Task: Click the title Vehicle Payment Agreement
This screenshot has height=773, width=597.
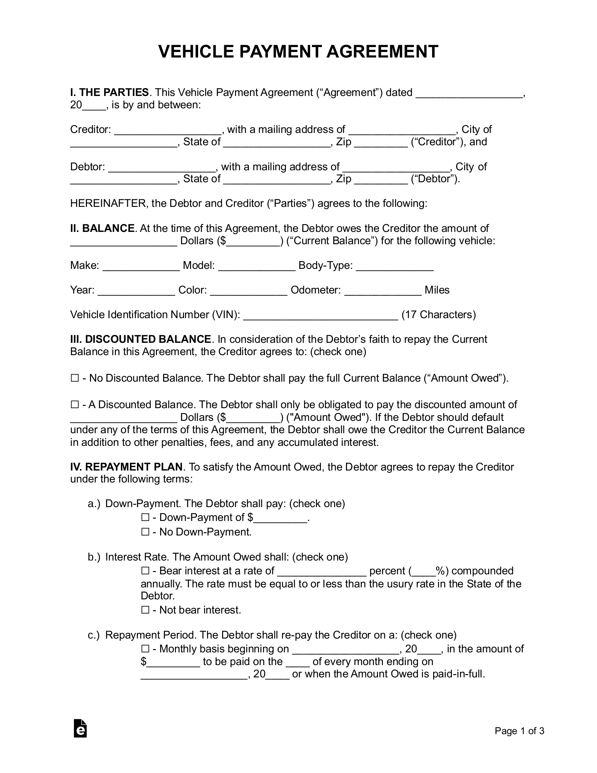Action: pyautogui.click(x=298, y=52)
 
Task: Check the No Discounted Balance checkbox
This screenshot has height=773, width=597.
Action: pyautogui.click(x=74, y=378)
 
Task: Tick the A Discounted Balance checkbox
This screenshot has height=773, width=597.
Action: pyautogui.click(x=74, y=405)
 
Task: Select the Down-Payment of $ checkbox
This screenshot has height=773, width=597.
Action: pyautogui.click(x=145, y=518)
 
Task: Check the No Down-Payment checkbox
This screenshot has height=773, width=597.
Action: pyautogui.click(x=145, y=532)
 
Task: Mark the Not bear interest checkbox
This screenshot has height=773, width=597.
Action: pyautogui.click(x=145, y=610)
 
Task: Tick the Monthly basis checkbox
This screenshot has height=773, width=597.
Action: pyautogui.click(x=145, y=649)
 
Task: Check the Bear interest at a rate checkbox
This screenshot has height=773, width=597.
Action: pyautogui.click(x=145, y=571)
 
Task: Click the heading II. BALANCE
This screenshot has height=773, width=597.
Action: pyautogui.click(x=102, y=228)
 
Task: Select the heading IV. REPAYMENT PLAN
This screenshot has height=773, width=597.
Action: pyautogui.click(x=126, y=467)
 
